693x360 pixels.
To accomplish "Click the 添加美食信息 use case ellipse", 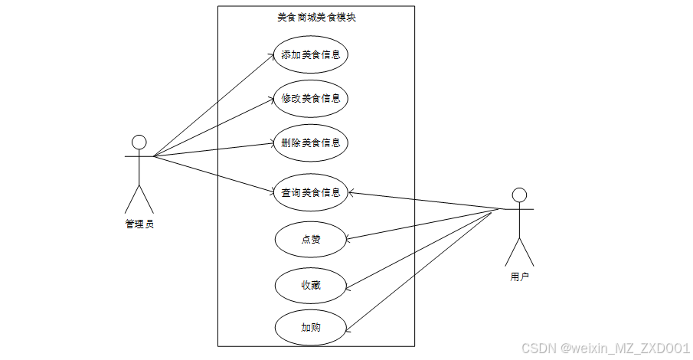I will [x=310, y=54].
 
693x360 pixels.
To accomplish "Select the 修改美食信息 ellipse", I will [x=310, y=98].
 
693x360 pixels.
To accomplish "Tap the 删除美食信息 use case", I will [x=310, y=142].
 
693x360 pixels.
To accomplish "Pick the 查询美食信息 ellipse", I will [x=310, y=192].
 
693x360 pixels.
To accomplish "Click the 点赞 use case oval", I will [x=310, y=240].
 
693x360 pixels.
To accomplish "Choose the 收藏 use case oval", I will [x=310, y=285].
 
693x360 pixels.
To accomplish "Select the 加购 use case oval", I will [x=310, y=327].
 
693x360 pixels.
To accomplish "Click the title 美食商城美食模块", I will [x=316, y=17].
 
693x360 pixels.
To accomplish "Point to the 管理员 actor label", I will [x=139, y=224].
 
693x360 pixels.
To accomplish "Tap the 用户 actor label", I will [x=519, y=277].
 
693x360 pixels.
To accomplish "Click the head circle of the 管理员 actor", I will [x=139, y=142].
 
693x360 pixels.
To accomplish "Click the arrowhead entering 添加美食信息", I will [x=270, y=57].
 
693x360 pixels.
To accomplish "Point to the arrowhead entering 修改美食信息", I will [x=270, y=100].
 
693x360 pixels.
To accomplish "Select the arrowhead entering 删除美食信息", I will [x=270, y=143].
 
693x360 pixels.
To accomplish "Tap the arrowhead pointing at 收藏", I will [x=349, y=290].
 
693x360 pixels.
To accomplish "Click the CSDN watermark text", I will [x=606, y=349].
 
